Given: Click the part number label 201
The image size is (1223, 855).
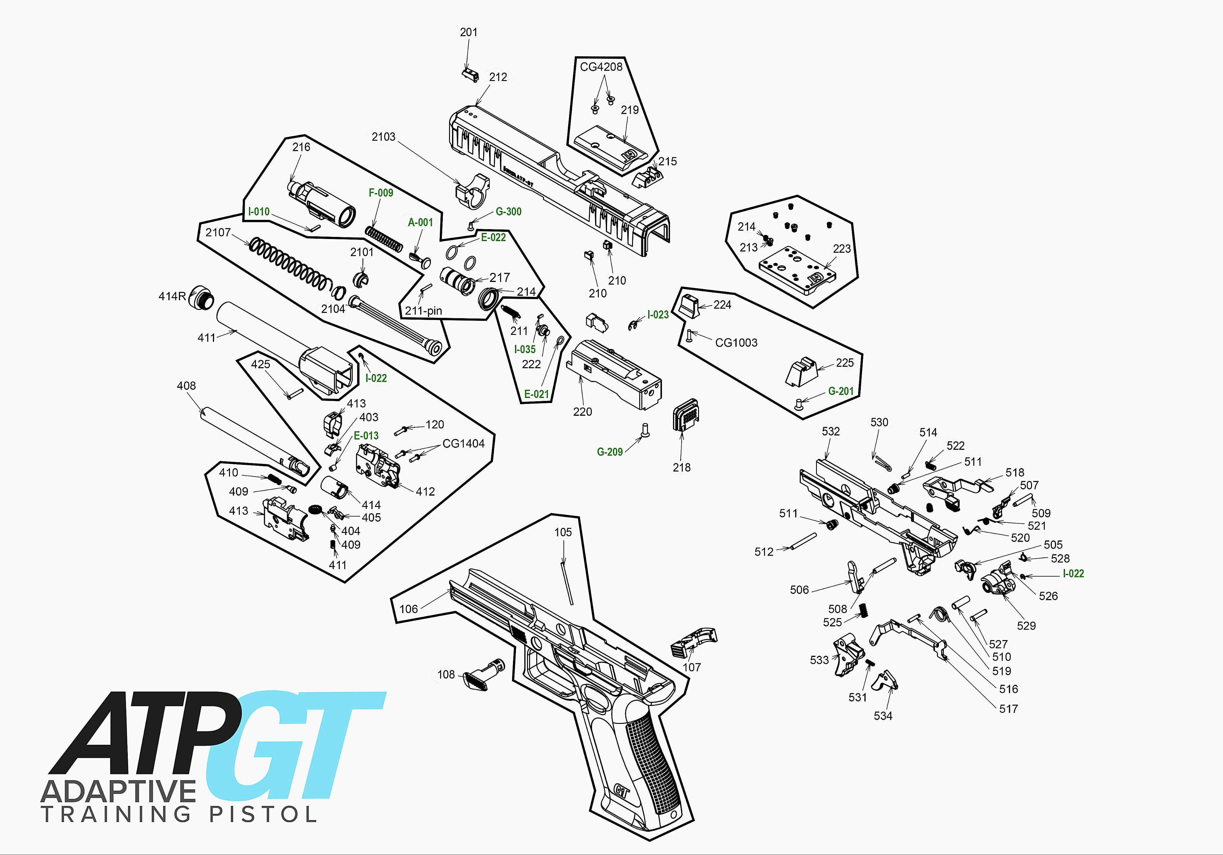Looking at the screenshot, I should pyautogui.click(x=469, y=33).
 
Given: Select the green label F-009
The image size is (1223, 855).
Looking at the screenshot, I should pyautogui.click(x=381, y=193).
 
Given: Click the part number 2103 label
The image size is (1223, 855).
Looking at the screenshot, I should pyautogui.click(x=383, y=137).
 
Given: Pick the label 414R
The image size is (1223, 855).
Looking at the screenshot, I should pyautogui.click(x=172, y=296).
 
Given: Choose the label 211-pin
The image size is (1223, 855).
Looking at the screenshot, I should pyautogui.click(x=423, y=311).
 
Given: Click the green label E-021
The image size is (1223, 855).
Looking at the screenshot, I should pyautogui.click(x=536, y=394).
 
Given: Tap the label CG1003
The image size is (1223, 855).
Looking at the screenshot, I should pyautogui.click(x=736, y=343).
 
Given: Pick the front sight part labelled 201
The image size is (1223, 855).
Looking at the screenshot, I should pyautogui.click(x=470, y=75).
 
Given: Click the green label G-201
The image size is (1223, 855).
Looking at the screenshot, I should pyautogui.click(x=841, y=391).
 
